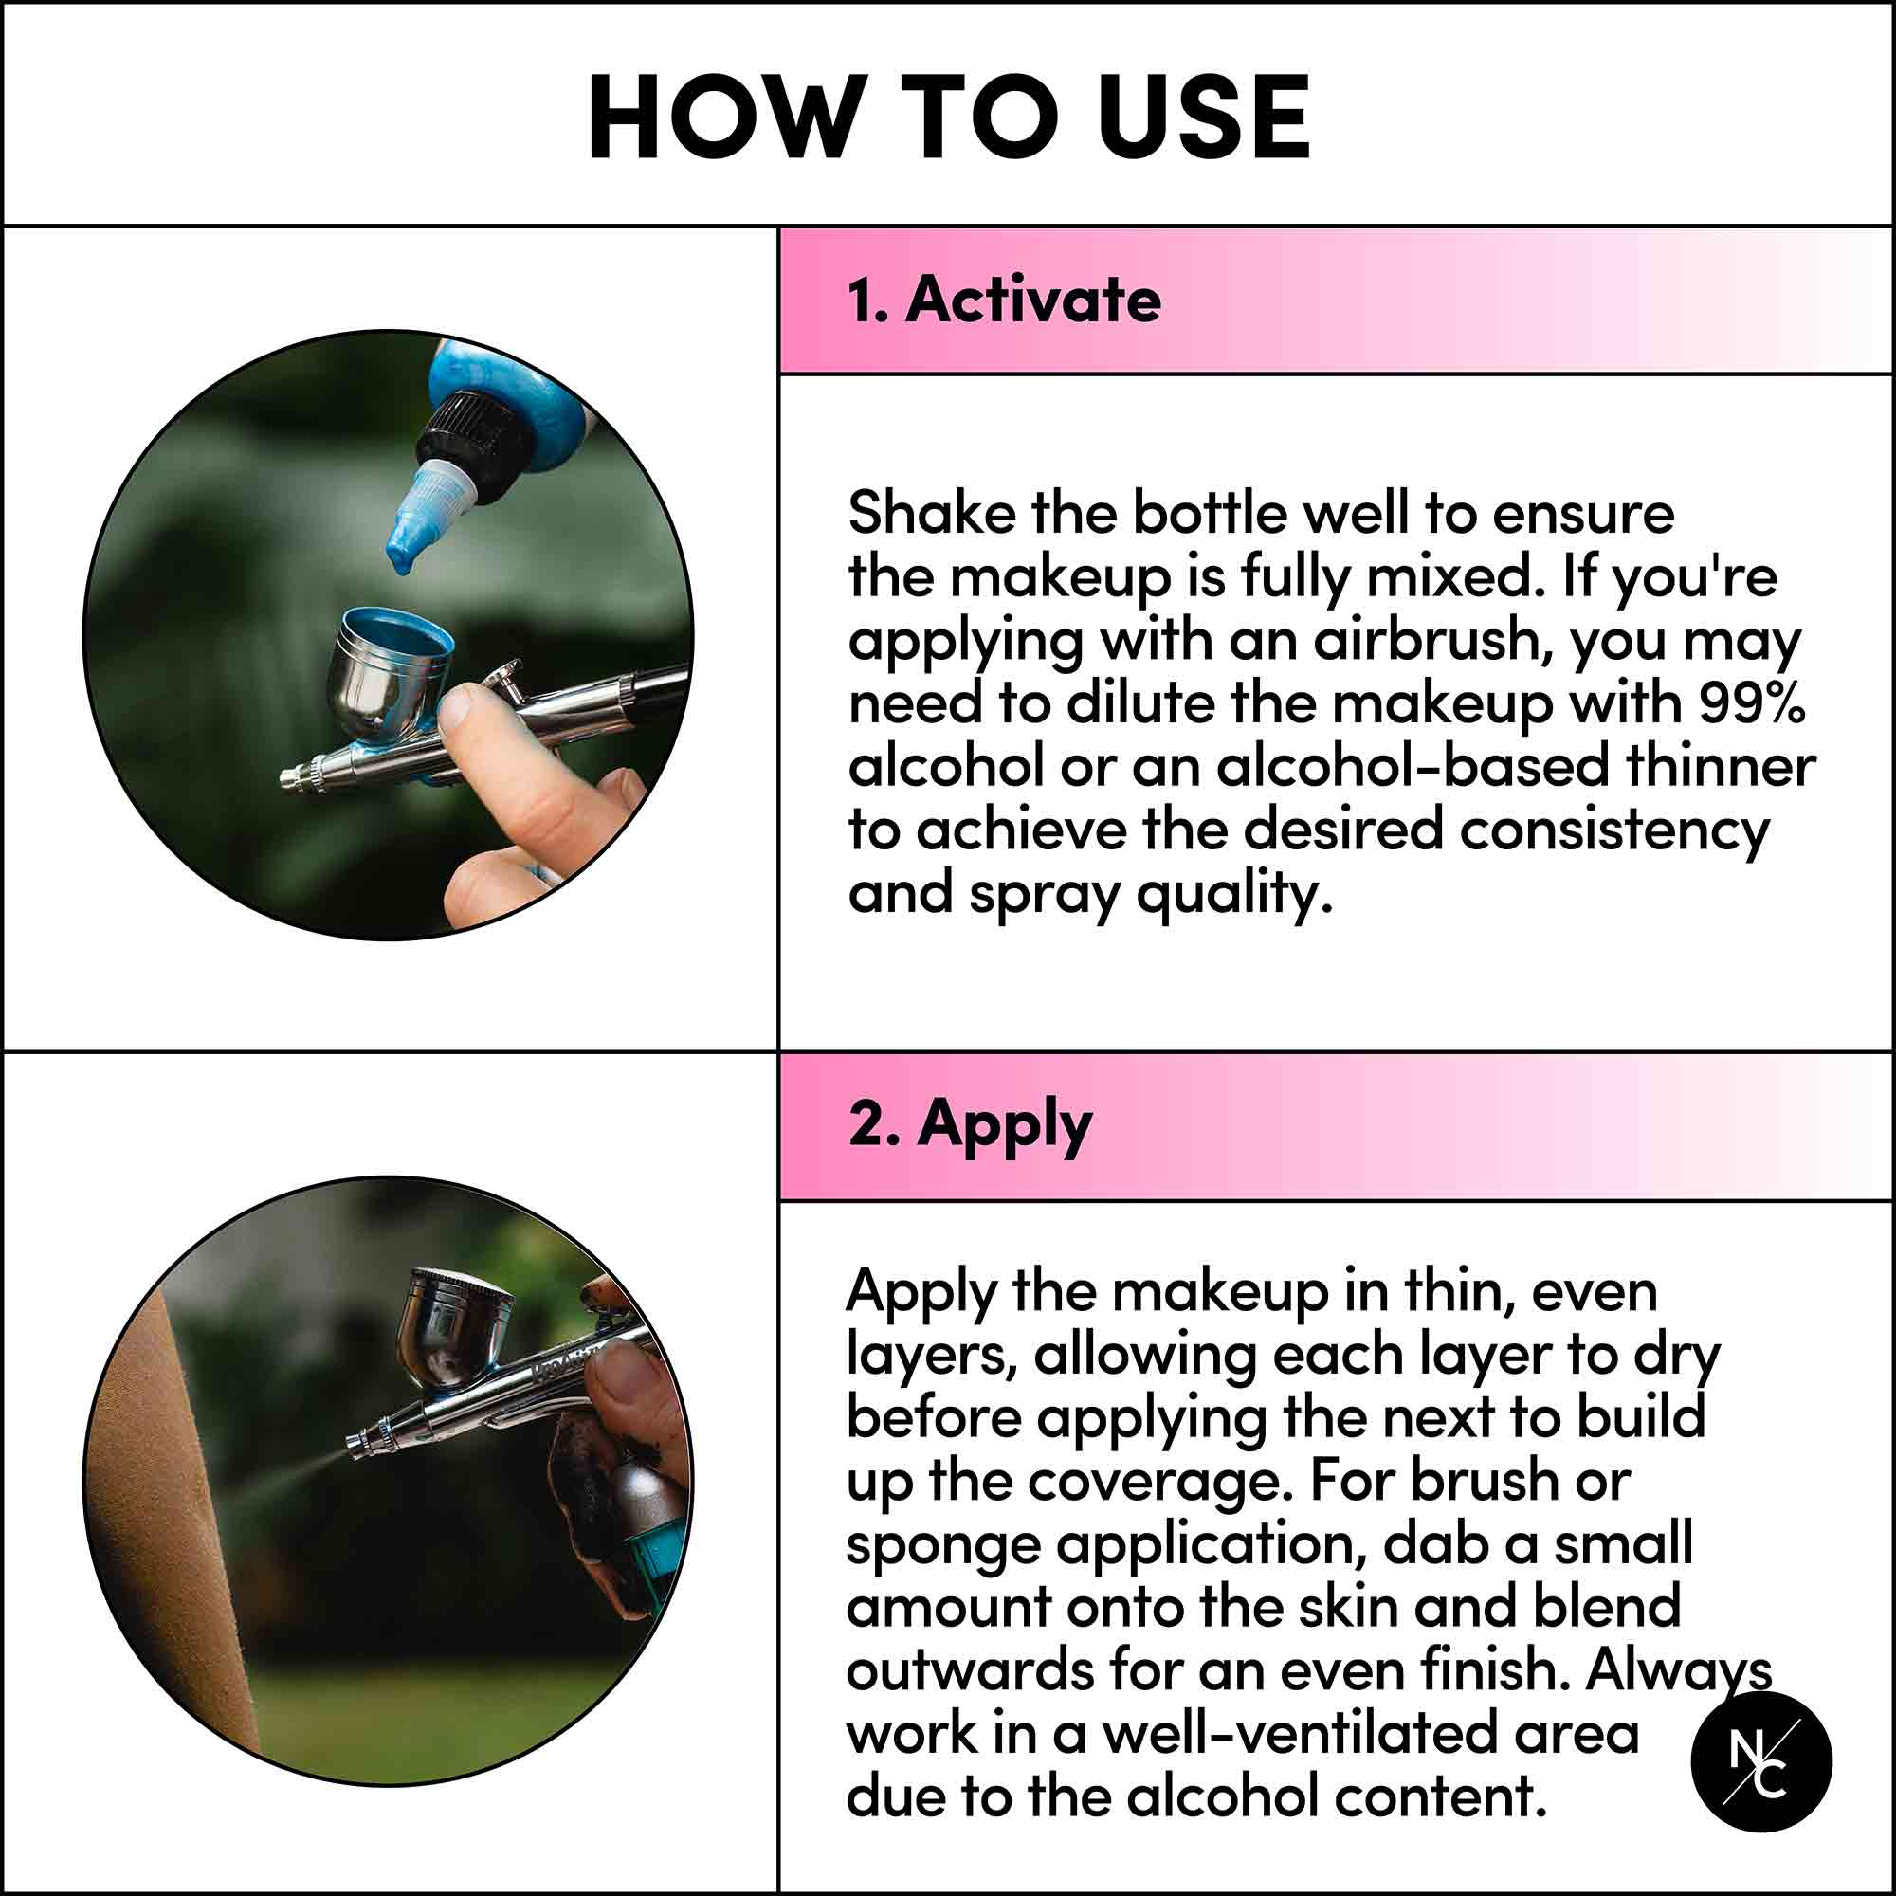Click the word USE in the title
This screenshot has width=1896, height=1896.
(x=1204, y=117)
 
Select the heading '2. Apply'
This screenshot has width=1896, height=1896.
(x=970, y=1124)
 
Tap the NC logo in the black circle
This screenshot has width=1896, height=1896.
(x=1761, y=1761)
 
